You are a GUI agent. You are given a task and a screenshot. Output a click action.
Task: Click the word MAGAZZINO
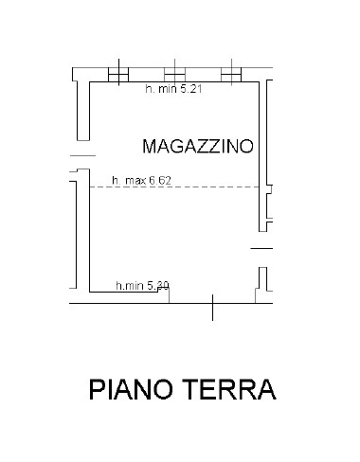click(x=196, y=147)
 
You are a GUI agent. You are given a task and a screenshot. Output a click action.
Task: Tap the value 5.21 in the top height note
click(x=185, y=90)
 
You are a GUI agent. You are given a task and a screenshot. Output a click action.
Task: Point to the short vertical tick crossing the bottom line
click(x=212, y=304)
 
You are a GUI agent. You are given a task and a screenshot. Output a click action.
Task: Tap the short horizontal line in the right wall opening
click(x=262, y=248)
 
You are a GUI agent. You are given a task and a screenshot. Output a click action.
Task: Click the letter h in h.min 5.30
click(x=117, y=285)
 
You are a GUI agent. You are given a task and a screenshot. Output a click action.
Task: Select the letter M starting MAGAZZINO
click(x=149, y=147)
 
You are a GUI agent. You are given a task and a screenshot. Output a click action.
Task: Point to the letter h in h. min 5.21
click(x=148, y=90)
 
